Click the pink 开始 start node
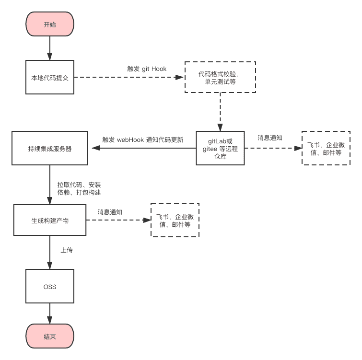pos(50,24)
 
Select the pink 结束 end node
pos(50,336)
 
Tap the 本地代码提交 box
pos(50,77)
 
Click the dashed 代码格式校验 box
pos(220,77)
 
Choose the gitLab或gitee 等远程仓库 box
pos(220,148)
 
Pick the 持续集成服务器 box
pos(50,148)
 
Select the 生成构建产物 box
pos(50,220)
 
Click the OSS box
pos(50,286)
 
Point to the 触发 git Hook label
pos(147,69)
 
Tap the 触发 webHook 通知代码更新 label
pos(143,139)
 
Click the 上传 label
pos(67,250)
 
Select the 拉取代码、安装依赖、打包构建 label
pos(79,188)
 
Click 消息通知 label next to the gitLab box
pos(270,138)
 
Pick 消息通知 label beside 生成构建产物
pos(110,212)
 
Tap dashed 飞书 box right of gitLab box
pos(326,148)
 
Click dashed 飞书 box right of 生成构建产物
pos(175,220)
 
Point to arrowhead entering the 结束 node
pos(50,320)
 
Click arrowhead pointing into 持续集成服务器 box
pos(96,148)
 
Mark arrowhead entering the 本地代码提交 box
pos(50,56)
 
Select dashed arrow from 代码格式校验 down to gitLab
pos(220,112)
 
